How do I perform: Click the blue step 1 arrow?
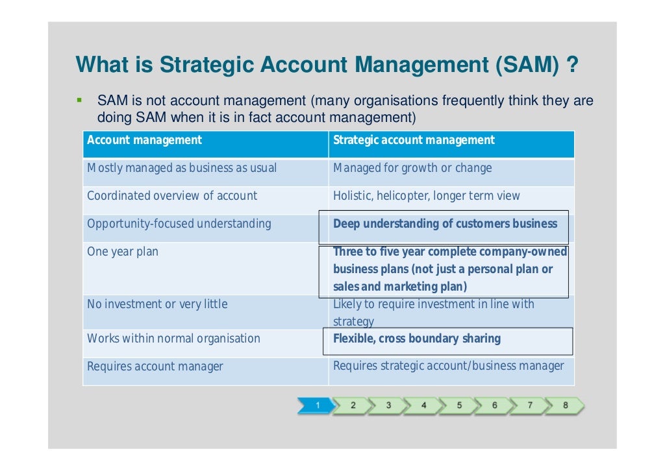pyautogui.click(x=316, y=405)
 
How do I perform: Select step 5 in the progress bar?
pyautogui.click(x=458, y=405)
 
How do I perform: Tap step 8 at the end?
pyautogui.click(x=565, y=405)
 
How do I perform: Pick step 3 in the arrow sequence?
pyautogui.click(x=388, y=405)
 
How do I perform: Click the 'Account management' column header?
pyautogui.click(x=144, y=140)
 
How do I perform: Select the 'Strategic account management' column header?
pyautogui.click(x=414, y=140)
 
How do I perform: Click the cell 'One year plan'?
pyautogui.click(x=123, y=252)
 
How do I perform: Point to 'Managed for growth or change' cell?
pyautogui.click(x=412, y=168)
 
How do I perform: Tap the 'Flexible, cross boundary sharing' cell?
pyautogui.click(x=417, y=339)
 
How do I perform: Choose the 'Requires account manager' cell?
pyautogui.click(x=155, y=366)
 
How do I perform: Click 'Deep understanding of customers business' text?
pyautogui.click(x=445, y=224)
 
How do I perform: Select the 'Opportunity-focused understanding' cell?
pyautogui.click(x=179, y=224)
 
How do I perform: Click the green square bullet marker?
pyautogui.click(x=79, y=101)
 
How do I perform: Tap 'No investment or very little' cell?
pyautogui.click(x=157, y=304)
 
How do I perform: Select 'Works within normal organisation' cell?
pyautogui.click(x=173, y=339)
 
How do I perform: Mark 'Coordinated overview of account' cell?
pyautogui.click(x=172, y=196)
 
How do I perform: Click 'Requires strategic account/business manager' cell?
pyautogui.click(x=448, y=366)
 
